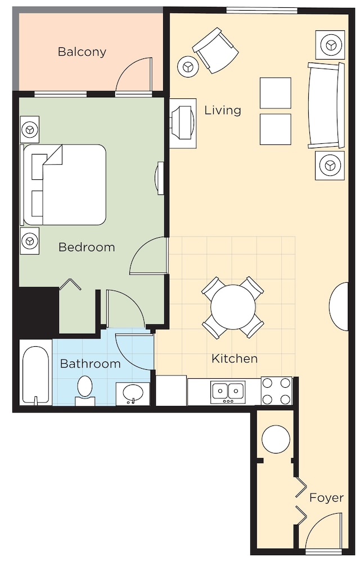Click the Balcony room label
82,52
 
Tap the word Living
223,110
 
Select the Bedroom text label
87,247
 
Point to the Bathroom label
91,364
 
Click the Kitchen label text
235,359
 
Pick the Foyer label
327,497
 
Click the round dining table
233,307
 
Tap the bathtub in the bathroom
35,374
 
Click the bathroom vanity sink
133,393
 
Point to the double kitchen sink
228,391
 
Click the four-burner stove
276,391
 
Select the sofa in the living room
326,105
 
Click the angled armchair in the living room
215,50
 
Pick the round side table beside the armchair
188,67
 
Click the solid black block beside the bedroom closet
37,310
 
